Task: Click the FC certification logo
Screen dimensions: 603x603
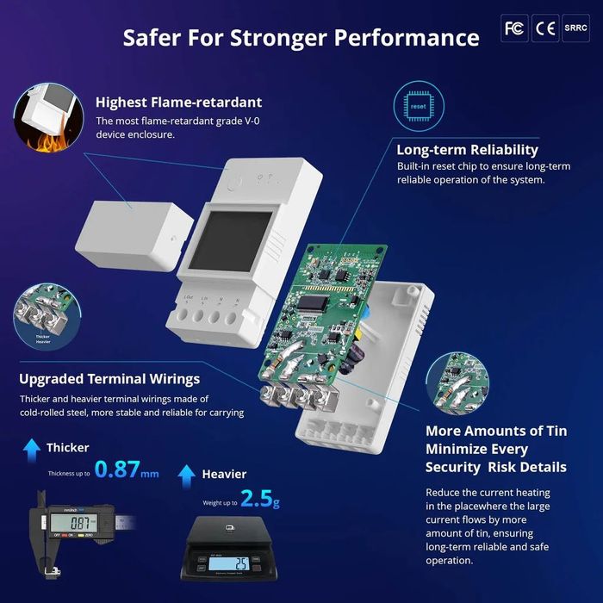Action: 514,28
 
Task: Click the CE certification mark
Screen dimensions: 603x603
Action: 545,28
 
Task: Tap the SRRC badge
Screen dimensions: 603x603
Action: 575,28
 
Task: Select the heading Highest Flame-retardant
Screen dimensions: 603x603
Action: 178,103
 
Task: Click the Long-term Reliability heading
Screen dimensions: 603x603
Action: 467,150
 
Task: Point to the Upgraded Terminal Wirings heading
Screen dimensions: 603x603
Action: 109,379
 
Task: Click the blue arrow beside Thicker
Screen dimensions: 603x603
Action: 32,447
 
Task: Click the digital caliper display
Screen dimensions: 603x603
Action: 70,523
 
